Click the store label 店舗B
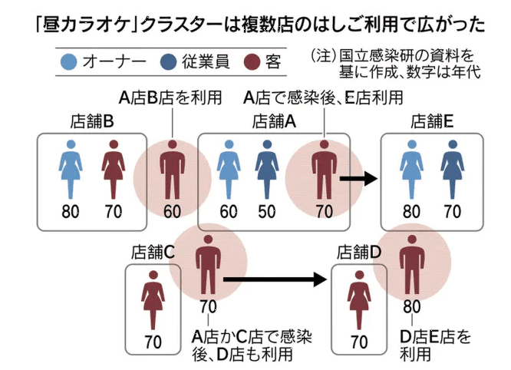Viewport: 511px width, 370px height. tap(92, 121)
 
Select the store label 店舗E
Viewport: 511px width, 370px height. tap(433, 121)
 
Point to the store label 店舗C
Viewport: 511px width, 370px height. tap(153, 251)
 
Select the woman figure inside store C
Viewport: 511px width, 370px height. tap(153, 300)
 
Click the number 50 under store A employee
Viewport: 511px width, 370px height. tap(266, 212)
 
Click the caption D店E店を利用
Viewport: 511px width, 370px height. tap(435, 345)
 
